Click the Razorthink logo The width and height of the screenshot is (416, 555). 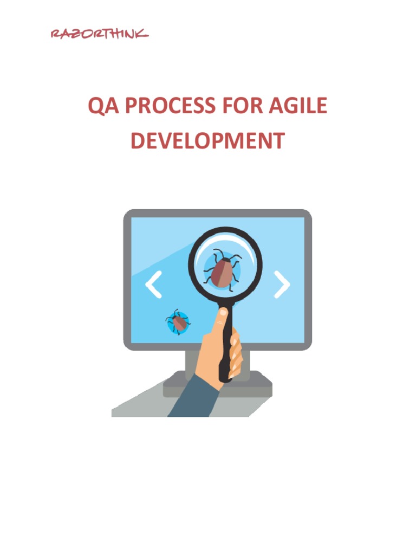[99, 34]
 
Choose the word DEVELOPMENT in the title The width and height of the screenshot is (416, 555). [207, 141]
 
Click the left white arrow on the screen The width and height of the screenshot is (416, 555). [154, 285]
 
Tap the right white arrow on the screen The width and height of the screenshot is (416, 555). [282, 285]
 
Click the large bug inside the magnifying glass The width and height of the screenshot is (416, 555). [222, 270]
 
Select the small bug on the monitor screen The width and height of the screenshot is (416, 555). [179, 322]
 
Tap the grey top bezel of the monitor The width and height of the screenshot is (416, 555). [217, 213]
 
